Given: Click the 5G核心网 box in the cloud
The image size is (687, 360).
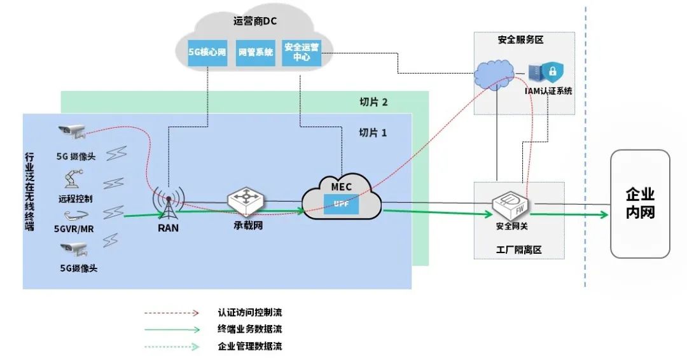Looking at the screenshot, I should [208, 52].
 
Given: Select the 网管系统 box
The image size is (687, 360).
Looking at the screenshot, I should [255, 52].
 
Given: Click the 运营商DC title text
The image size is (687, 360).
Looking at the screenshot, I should [255, 22].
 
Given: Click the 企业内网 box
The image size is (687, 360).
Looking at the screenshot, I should [640, 204].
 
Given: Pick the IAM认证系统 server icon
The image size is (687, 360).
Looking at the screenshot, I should [548, 71].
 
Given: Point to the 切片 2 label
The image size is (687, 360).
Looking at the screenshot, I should [374, 102].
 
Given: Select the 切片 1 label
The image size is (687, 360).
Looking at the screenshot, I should [374, 132].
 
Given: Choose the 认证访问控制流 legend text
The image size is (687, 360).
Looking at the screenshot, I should [250, 312].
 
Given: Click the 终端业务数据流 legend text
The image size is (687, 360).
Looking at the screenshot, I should [250, 329].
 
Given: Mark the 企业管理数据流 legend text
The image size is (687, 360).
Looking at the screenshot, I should [250, 347].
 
